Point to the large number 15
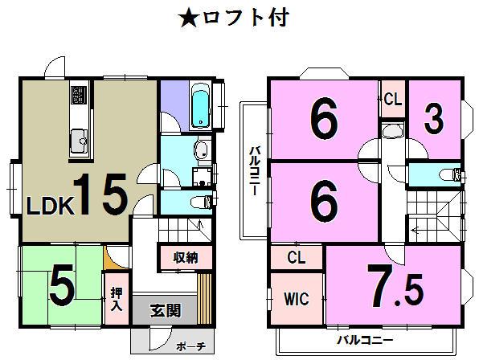coord(101,193)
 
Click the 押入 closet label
coord(116,298)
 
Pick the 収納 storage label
coord(186,258)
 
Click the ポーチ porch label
coord(191,346)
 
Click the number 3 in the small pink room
coord(434,121)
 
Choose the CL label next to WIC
coord(296,258)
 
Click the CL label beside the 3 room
coord(393,100)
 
